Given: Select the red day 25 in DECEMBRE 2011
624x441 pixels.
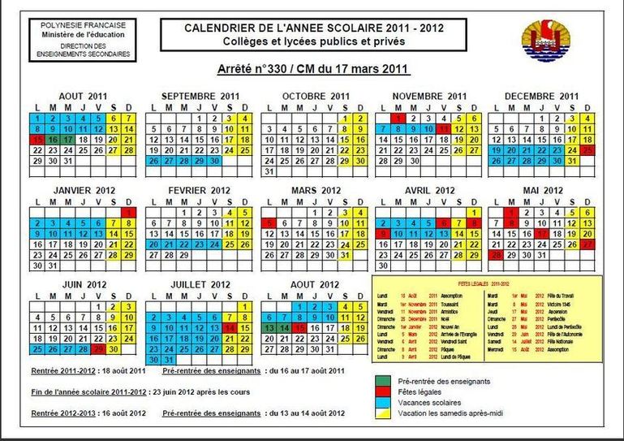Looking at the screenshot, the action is click(587, 150).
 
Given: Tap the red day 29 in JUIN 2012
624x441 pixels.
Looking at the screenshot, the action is click(98, 349).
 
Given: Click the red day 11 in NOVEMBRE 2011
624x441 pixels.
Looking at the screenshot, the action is click(442, 128).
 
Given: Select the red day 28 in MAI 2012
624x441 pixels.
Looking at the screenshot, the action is click(496, 255).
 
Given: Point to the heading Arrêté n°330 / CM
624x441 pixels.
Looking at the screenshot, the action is click(314, 70).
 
